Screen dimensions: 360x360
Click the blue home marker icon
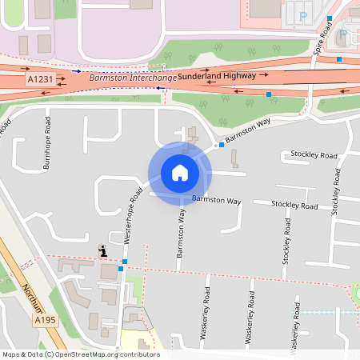click(180, 172)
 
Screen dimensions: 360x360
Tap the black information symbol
click(102, 251)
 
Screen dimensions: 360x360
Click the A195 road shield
click(45, 320)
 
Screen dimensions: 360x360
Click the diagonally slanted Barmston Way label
click(248, 130)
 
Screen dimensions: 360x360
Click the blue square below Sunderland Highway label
click(268, 94)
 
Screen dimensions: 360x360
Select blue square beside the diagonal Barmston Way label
click(222, 145)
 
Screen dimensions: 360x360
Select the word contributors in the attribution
click(140, 354)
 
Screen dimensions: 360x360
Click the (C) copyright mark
click(50, 354)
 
